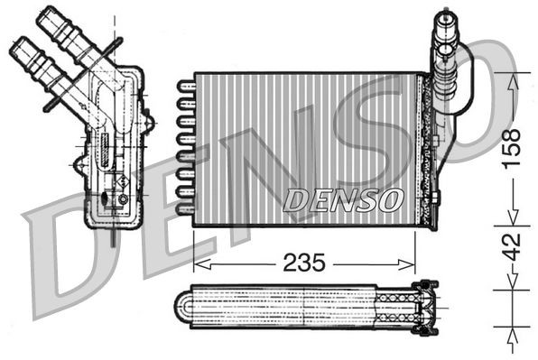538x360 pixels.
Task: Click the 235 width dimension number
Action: (x=305, y=263)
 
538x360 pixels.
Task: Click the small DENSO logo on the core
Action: (x=342, y=199)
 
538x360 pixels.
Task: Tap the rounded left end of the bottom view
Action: (x=189, y=308)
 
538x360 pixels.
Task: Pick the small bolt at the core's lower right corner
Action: (x=436, y=198)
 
